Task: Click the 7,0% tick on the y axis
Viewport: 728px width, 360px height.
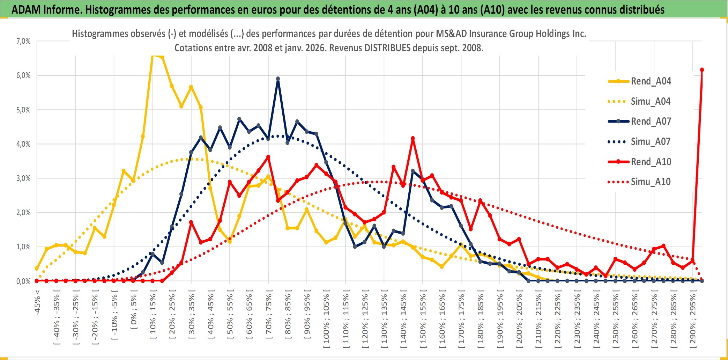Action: pyautogui.click(x=23, y=41)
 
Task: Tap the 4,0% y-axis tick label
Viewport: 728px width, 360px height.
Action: pyautogui.click(x=23, y=144)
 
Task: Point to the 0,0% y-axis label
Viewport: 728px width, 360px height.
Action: pyautogui.click(x=23, y=281)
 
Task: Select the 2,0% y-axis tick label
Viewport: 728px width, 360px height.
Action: pyautogui.click(x=23, y=213)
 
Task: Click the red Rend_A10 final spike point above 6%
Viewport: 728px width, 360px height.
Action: pyautogui.click(x=702, y=70)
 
